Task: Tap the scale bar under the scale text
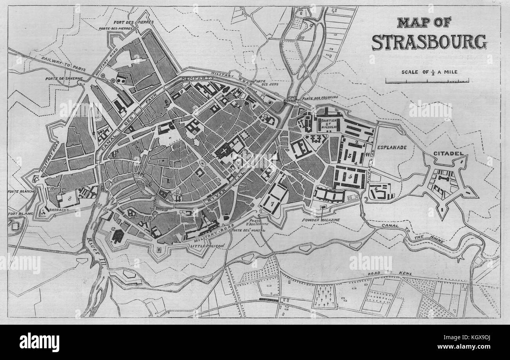(x=427, y=81)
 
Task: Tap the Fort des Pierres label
(x=133, y=22)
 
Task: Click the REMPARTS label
(x=197, y=78)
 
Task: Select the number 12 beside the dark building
(x=113, y=229)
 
